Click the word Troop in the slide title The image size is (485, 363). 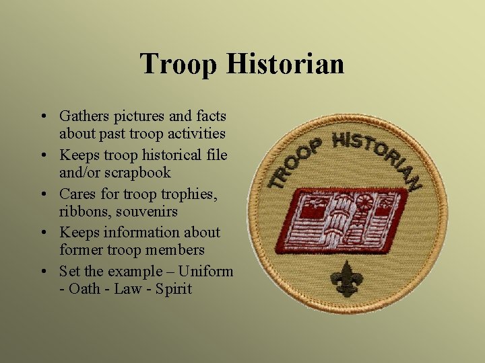(179, 65)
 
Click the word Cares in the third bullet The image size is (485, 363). (77, 194)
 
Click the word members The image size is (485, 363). (174, 249)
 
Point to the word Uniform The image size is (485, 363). (206, 272)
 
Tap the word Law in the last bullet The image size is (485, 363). (127, 289)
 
